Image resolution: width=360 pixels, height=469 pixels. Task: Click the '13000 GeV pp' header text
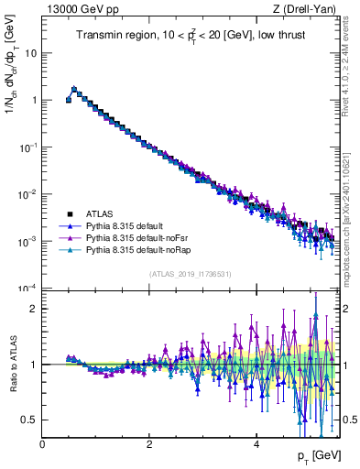pyautogui.click(x=77, y=9)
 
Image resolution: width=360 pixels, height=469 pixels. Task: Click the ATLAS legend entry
pyautogui.click(x=99, y=212)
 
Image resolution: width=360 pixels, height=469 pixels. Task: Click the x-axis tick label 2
pyautogui.click(x=149, y=444)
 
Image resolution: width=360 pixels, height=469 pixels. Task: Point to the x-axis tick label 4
pyautogui.click(x=256, y=444)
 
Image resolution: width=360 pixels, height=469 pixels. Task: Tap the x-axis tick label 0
pyautogui.click(x=43, y=444)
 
